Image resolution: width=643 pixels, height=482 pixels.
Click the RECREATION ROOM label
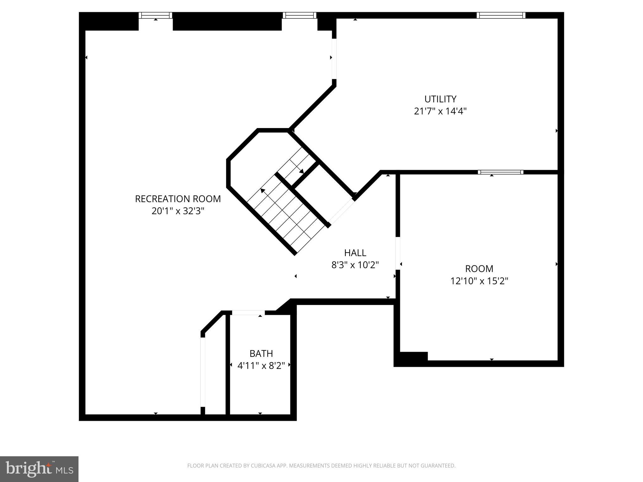[178, 199]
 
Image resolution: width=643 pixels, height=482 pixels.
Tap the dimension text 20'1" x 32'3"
[178, 211]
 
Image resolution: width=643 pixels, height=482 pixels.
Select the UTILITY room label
[440, 99]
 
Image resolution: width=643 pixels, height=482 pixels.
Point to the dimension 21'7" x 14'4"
[440, 111]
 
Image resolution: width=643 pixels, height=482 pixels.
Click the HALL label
[355, 253]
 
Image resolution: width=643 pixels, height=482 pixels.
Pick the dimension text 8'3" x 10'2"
[355, 265]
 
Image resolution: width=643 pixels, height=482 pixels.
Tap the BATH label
[261, 353]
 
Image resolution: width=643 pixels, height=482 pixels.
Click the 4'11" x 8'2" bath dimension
[261, 366]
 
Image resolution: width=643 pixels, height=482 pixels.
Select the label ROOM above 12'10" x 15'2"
[479, 269]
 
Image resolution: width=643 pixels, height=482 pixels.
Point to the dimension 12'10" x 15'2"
[479, 281]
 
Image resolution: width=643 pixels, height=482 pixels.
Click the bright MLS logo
[39, 469]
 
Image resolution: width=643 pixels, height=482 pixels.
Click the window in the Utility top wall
[501, 15]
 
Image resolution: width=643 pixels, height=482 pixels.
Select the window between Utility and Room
[500, 172]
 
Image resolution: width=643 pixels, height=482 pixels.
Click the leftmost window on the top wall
[156, 15]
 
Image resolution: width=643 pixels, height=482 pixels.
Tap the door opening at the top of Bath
[248, 313]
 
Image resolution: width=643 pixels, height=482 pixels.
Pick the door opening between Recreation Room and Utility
[334, 59]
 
